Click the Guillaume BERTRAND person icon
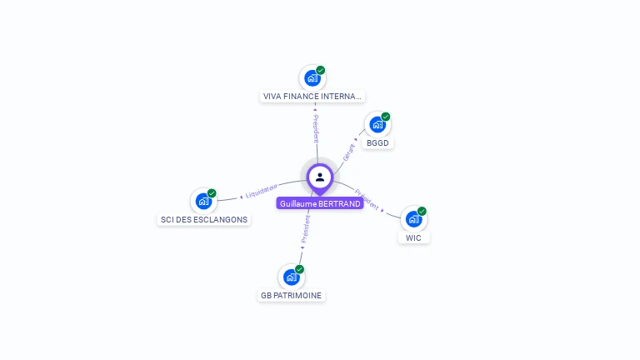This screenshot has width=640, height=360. point(320,177)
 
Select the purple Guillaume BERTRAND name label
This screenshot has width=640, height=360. point(320,203)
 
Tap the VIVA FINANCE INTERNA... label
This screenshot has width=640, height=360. point(312,96)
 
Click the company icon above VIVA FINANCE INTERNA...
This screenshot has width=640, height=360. point(312,78)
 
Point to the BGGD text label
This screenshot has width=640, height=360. point(377,142)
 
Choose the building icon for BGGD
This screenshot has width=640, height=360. point(377,125)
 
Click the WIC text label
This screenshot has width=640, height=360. point(413,237)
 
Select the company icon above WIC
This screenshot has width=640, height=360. point(413,219)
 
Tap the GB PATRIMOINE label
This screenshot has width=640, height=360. point(291,295)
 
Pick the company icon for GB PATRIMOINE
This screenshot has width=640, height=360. point(291,277)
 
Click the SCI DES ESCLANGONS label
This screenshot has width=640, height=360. point(203,219)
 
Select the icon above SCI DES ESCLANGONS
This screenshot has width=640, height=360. point(203,201)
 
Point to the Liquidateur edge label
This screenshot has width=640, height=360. point(262,192)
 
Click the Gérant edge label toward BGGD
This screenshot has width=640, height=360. point(349,152)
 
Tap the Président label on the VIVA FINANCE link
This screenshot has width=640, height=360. point(316,129)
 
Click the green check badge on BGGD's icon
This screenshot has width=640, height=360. point(386,117)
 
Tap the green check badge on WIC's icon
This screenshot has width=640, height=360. point(422,211)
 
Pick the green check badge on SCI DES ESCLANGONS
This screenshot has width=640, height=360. point(212,193)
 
